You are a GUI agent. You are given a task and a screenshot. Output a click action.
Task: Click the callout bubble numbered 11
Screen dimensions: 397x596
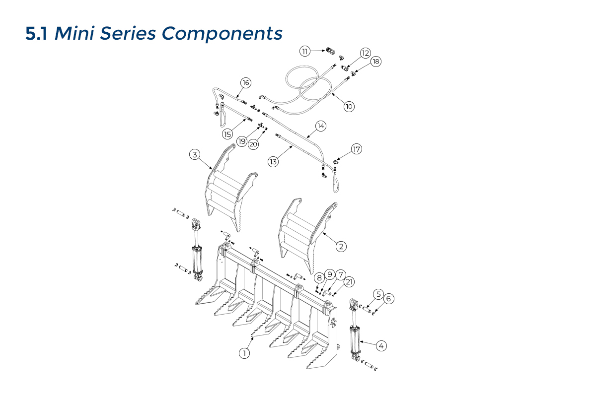click(x=304, y=51)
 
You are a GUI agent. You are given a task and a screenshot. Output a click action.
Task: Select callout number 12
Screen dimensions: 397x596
click(x=366, y=53)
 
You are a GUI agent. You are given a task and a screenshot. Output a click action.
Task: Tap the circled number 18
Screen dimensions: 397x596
click(x=375, y=62)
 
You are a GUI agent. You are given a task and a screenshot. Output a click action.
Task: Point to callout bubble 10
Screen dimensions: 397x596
click(x=349, y=106)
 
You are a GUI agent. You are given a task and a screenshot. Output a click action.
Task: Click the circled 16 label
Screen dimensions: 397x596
click(x=245, y=82)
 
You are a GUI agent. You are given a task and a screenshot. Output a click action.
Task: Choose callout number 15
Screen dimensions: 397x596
click(x=227, y=133)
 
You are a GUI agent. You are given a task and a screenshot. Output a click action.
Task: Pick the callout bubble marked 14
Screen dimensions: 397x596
click(x=320, y=127)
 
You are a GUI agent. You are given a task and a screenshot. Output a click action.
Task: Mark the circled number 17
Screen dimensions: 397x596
click(x=356, y=149)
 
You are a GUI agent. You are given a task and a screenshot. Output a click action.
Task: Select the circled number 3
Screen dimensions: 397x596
click(x=195, y=155)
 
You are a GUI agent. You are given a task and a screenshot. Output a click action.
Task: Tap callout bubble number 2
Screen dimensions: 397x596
click(x=341, y=246)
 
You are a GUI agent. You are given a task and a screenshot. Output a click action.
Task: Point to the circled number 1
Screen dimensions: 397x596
click(x=244, y=353)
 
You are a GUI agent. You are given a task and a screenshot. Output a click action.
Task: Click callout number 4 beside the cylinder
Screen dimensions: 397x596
click(x=381, y=346)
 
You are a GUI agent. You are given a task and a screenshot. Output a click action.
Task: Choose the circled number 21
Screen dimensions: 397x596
click(x=350, y=282)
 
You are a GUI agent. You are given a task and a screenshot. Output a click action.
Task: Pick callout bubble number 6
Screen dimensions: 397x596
click(x=389, y=298)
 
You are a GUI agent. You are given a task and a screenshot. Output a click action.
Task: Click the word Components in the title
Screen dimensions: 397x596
click(x=222, y=33)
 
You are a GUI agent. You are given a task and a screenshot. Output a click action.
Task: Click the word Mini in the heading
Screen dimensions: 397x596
click(x=74, y=33)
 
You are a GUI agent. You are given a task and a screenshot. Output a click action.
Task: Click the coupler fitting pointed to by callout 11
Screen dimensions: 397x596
click(x=330, y=50)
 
